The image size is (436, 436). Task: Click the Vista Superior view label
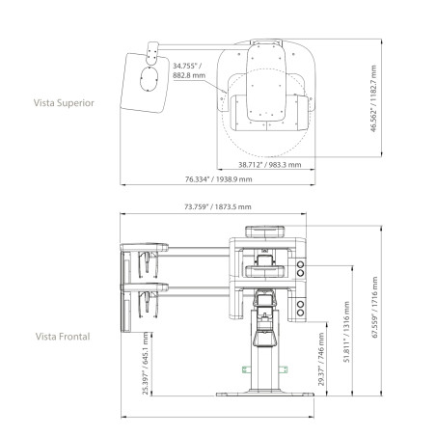point(64,103)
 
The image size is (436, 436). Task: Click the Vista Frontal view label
point(63,337)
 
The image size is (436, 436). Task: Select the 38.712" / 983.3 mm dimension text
point(270,165)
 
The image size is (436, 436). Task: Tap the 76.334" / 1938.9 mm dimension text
point(218,179)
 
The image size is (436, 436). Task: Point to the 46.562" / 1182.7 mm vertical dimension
point(373,98)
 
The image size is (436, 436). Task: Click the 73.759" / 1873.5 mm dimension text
point(218,206)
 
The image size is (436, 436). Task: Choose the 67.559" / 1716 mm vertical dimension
point(374,307)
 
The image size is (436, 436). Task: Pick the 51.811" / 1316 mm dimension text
point(346,332)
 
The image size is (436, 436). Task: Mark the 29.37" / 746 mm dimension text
point(321,359)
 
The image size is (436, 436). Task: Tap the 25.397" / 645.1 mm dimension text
point(146,364)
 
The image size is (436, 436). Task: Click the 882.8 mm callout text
point(189,76)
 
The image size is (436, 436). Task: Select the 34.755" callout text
point(187,66)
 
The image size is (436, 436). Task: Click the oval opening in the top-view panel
point(149,79)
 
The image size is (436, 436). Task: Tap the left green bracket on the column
point(245,369)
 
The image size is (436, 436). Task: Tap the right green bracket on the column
point(284,369)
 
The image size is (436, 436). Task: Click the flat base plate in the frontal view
point(265,394)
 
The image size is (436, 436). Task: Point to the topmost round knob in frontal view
point(300,264)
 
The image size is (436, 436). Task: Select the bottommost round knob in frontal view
point(300,313)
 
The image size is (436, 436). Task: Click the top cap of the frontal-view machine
point(265,232)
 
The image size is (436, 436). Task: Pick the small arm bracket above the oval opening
point(152,53)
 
